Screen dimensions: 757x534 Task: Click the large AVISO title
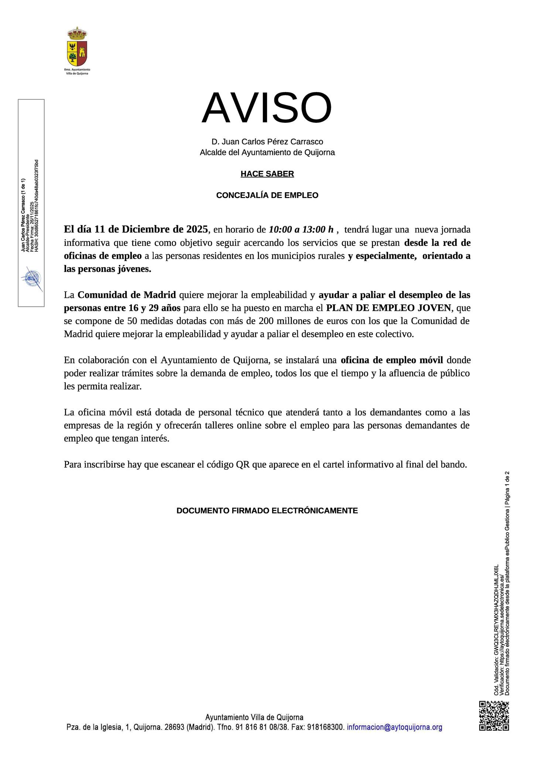tap(267, 108)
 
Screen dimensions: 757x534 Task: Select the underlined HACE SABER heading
tap(267, 174)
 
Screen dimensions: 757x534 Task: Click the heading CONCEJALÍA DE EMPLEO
tap(267, 195)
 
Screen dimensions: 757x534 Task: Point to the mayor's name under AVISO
tap(267, 142)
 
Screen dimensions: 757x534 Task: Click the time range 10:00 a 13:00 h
tap(301, 230)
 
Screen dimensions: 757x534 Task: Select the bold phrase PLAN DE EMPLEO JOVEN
tap(388, 308)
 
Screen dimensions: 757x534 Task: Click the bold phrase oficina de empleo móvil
tap(391, 360)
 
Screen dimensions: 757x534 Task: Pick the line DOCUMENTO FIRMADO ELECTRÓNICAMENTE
tap(267, 510)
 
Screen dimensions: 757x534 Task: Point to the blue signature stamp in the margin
tap(32, 278)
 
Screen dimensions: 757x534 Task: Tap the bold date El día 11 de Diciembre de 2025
tap(136, 229)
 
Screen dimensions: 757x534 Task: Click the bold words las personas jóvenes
tap(107, 269)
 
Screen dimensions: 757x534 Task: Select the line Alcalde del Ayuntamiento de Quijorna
tap(267, 152)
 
